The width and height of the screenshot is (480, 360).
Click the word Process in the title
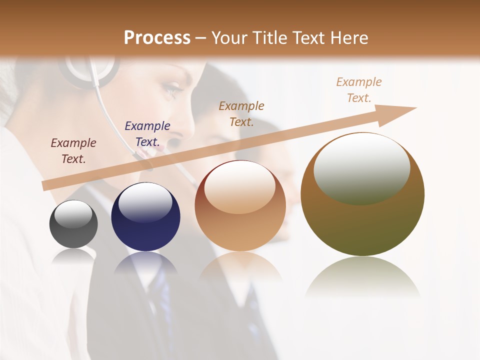click(x=157, y=38)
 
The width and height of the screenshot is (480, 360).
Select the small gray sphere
click(x=73, y=224)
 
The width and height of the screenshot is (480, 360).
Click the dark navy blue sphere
click(x=145, y=217)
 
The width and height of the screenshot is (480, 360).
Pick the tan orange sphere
click(x=240, y=206)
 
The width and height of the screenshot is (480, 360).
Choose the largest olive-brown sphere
click(x=362, y=195)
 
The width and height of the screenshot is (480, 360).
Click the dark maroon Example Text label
click(x=73, y=151)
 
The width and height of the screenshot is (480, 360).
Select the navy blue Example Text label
click(x=147, y=134)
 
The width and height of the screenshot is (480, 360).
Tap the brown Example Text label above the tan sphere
click(x=241, y=113)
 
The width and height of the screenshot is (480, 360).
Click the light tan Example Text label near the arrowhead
click(x=359, y=90)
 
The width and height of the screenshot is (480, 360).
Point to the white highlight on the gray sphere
click(x=73, y=214)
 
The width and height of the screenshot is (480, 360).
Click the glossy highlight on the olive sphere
click(x=361, y=168)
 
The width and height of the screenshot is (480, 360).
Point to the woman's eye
click(x=173, y=89)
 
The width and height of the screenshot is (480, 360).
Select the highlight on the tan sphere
click(x=240, y=187)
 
